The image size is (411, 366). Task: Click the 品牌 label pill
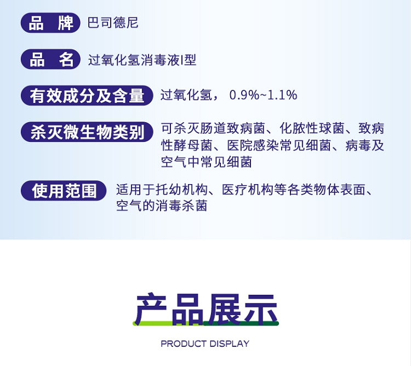tap(50, 23)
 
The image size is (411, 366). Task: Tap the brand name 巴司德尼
tap(113, 22)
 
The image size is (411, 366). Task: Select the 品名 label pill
tap(50, 59)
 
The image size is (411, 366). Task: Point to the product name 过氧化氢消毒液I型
tap(142, 60)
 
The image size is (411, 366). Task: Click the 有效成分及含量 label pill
tap(87, 95)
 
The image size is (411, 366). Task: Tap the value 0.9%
tap(244, 95)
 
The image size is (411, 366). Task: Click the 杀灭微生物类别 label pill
tap(87, 132)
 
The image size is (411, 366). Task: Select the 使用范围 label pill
tap(64, 191)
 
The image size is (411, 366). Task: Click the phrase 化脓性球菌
tap(312, 128)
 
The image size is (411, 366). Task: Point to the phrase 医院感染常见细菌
tap(279, 145)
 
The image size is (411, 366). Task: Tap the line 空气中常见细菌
tap(207, 162)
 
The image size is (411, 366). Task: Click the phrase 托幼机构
tap(181, 190)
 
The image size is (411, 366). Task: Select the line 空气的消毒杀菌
tap(162, 205)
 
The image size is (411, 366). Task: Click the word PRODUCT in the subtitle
tap(184, 344)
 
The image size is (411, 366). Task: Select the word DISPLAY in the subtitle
tap(230, 344)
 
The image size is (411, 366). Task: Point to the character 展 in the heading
tap(224, 309)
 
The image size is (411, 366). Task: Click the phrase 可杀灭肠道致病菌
tap(213, 128)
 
